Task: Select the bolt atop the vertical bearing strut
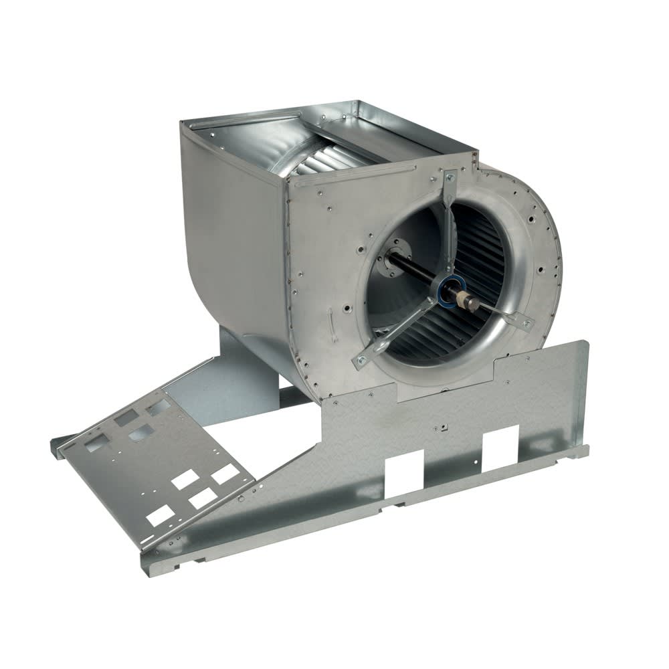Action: click(x=450, y=177)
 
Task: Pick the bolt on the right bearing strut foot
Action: click(x=527, y=323)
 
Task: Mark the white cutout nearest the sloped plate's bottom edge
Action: click(x=161, y=515)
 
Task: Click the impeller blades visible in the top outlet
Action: click(x=321, y=157)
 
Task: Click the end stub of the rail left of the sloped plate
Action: click(x=57, y=443)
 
